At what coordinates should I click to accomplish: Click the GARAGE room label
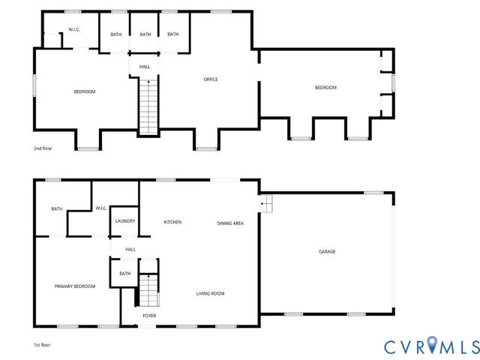tap(327, 251)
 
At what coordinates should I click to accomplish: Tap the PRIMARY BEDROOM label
tap(74, 286)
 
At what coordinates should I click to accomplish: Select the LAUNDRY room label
tap(124, 221)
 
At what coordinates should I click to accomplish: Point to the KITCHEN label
tap(173, 222)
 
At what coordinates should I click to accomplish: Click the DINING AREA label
tap(230, 223)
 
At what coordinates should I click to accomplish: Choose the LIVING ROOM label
tap(210, 293)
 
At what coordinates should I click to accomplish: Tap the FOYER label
tap(148, 316)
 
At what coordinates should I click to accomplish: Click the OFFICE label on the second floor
tap(211, 79)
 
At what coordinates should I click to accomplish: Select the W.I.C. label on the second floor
tap(74, 30)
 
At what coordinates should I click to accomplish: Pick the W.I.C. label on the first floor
tap(102, 208)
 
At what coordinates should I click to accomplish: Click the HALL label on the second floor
tap(144, 67)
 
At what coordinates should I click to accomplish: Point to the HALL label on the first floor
tap(130, 249)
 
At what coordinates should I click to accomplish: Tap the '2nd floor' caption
tap(43, 149)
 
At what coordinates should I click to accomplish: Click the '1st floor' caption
tap(42, 345)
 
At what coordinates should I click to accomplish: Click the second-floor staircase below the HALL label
tap(148, 105)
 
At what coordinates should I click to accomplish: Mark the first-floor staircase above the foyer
tap(148, 289)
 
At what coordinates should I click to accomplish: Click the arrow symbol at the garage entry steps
tap(264, 202)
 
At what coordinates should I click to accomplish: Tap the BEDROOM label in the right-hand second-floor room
tap(325, 88)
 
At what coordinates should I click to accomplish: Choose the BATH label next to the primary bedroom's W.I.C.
tap(57, 208)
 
